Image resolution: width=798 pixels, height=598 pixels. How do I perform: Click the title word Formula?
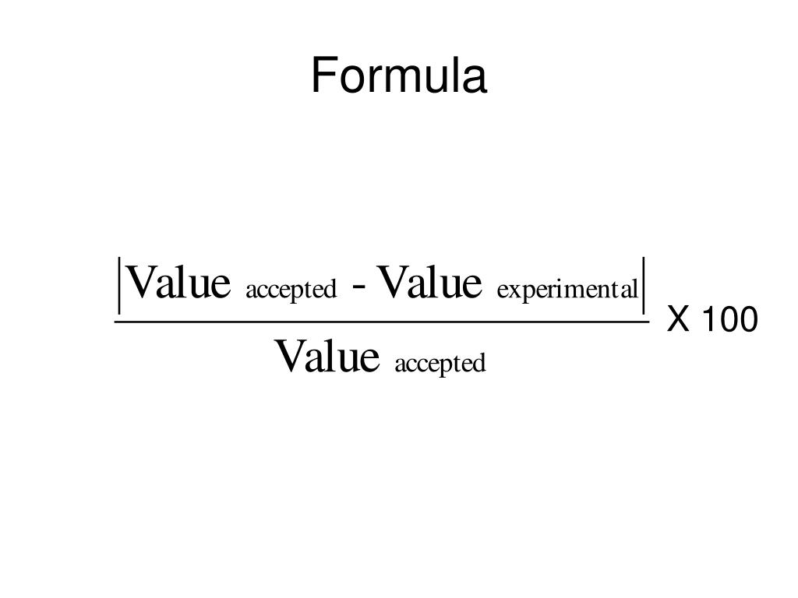pos(399,77)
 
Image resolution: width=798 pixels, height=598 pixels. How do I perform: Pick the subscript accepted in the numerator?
pos(291,290)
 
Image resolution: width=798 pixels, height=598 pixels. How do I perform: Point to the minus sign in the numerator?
pos(360,288)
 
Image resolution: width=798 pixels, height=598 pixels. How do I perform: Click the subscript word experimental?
pos(568,290)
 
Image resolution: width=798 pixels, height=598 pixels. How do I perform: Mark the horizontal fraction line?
pos(382,321)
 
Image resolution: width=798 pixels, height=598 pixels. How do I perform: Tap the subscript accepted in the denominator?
pos(440,364)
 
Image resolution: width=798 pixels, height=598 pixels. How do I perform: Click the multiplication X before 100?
pos(678,319)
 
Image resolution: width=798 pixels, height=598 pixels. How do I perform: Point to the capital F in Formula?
pos(323,77)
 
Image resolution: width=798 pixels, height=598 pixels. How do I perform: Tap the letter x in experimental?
pos(513,291)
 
